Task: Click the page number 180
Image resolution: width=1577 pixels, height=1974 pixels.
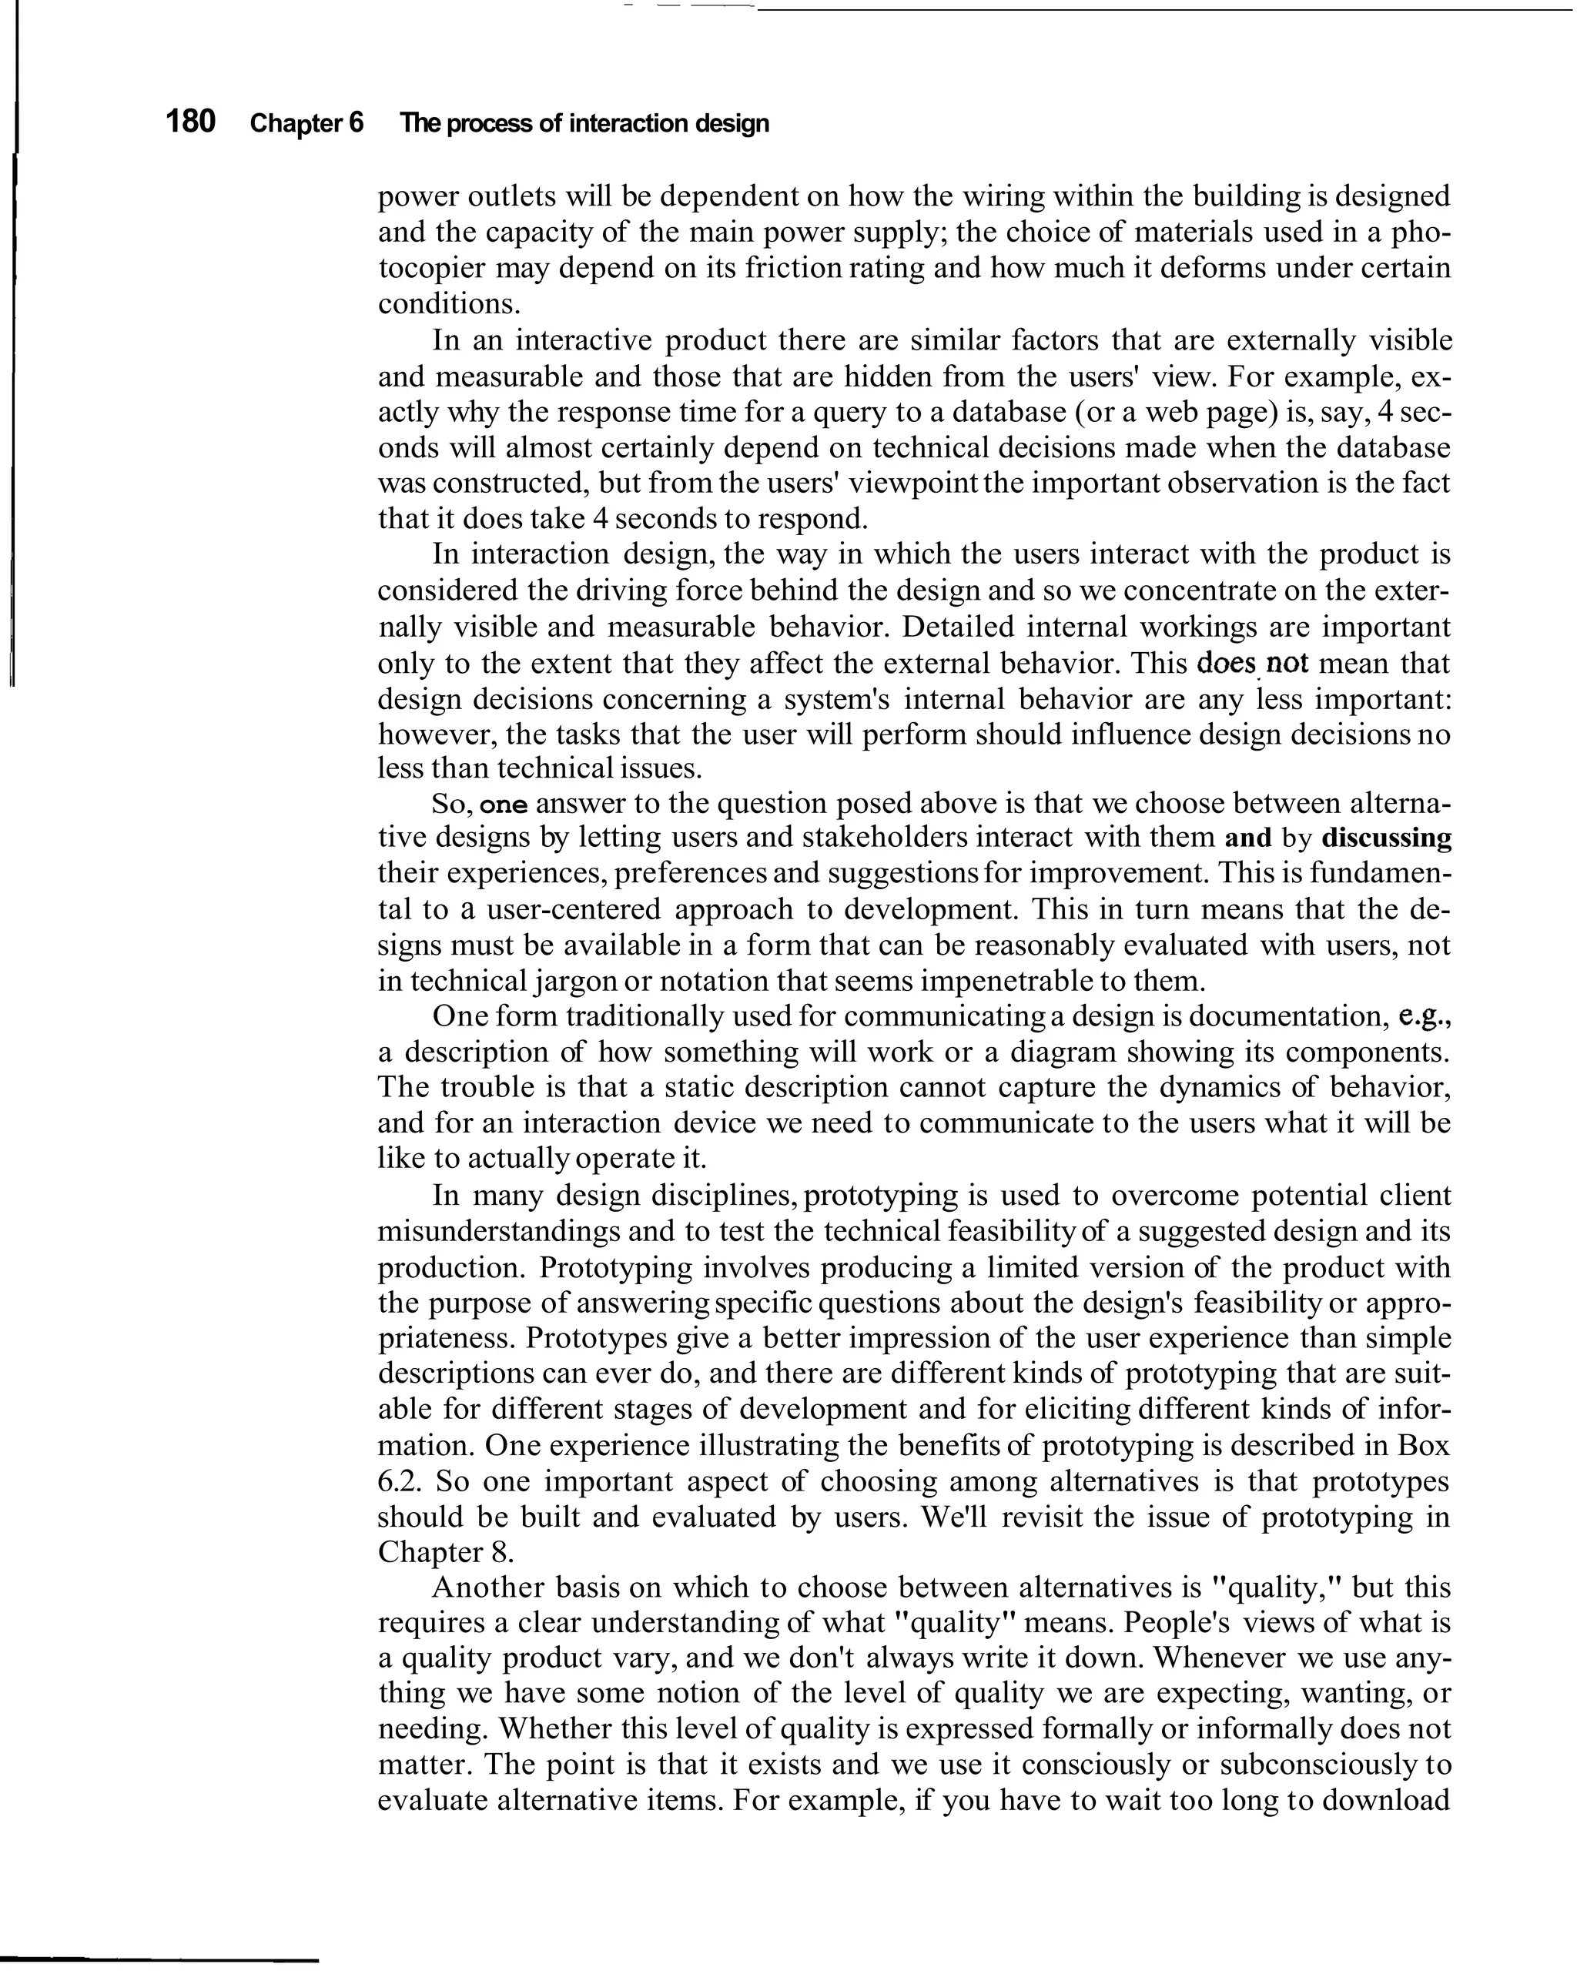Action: pyautogui.click(x=190, y=121)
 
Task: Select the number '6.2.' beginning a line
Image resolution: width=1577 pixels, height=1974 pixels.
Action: pyautogui.click(x=400, y=1480)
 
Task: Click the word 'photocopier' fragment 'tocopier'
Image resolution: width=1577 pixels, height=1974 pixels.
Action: pyautogui.click(x=430, y=268)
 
